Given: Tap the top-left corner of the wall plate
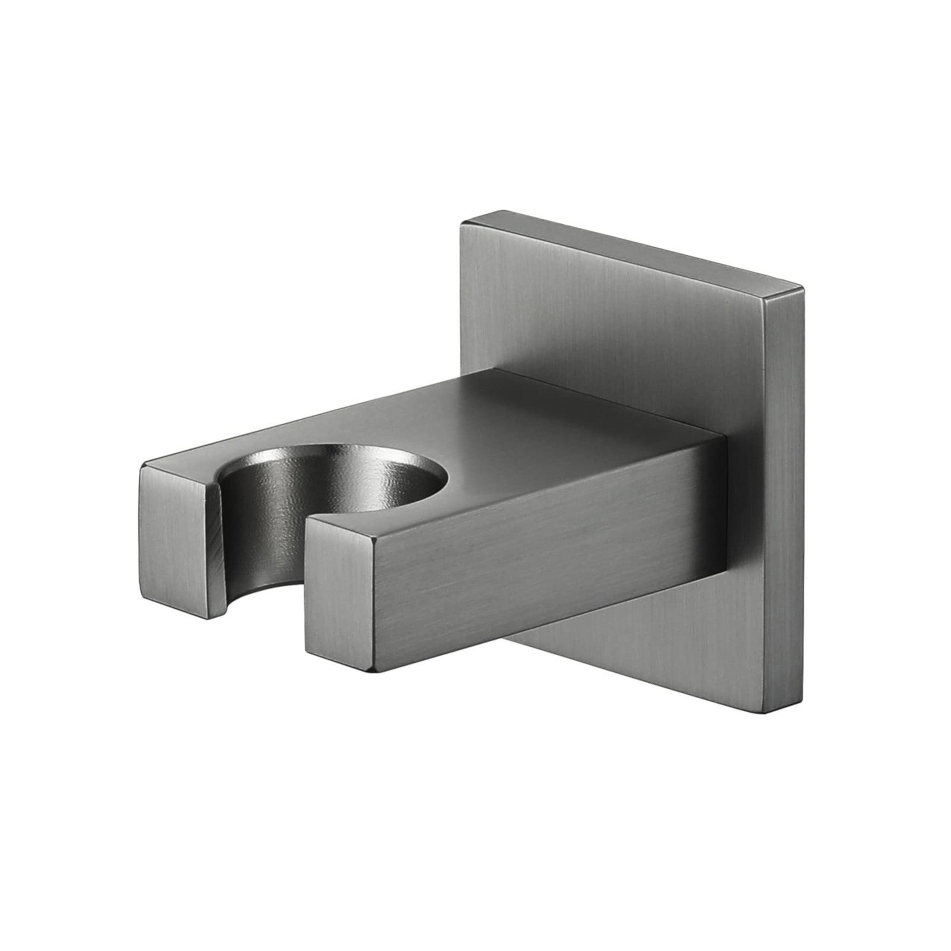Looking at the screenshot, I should coord(461,224).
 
